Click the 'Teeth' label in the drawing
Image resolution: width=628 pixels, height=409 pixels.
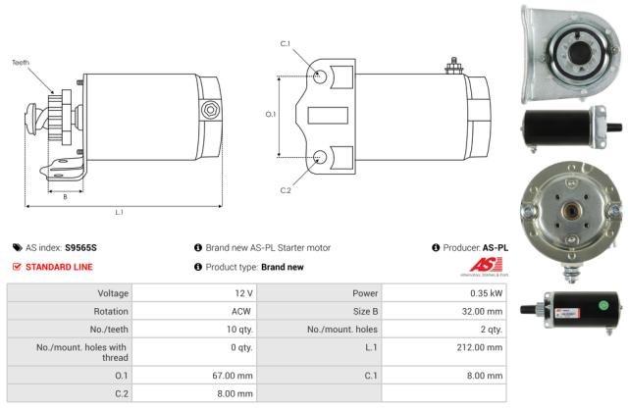pyautogui.click(x=21, y=63)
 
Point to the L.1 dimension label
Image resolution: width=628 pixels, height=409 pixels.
pyautogui.click(x=119, y=212)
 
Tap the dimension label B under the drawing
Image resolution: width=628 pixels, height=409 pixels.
pyautogui.click(x=65, y=196)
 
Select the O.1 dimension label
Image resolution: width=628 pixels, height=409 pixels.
pyautogui.click(x=272, y=115)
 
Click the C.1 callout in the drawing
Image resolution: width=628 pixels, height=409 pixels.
pyautogui.click(x=286, y=43)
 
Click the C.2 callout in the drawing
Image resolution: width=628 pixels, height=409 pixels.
pyautogui.click(x=286, y=189)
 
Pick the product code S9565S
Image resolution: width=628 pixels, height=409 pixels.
pyautogui.click(x=80, y=248)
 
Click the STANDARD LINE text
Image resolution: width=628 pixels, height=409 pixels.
pyautogui.click(x=59, y=266)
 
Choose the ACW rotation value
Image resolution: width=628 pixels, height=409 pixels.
pyautogui.click(x=242, y=312)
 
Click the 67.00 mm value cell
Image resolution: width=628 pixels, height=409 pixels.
pyautogui.click(x=235, y=375)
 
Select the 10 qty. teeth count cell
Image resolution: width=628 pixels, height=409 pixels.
pyautogui.click(x=238, y=331)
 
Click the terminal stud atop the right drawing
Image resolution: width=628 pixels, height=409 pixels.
pyautogui.click(x=453, y=67)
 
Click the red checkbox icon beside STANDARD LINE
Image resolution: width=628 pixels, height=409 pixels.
pyautogui.click(x=17, y=266)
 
